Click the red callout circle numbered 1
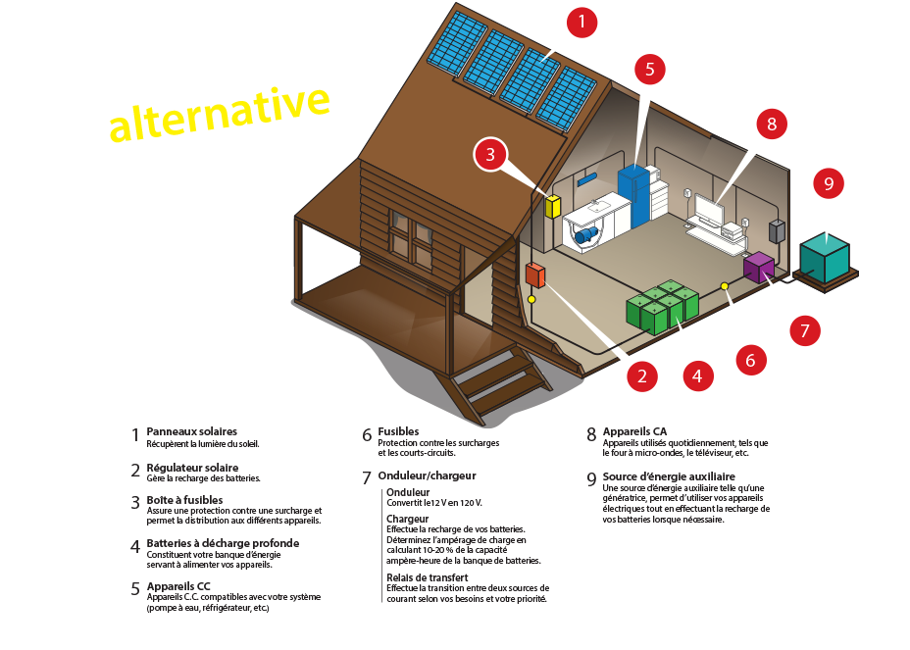pos(581,22)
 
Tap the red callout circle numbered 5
pos(649,69)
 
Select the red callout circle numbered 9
pos(829,182)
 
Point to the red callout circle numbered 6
pos(750,360)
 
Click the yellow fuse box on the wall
pos(552,206)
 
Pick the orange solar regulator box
pos(535,275)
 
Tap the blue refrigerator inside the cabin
pos(633,196)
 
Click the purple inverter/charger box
pos(759,266)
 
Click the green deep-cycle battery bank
pos(662,306)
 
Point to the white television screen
pos(708,210)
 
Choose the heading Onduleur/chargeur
pos(427,475)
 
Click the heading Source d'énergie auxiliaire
pos(668,476)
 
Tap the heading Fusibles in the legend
pos(398,431)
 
